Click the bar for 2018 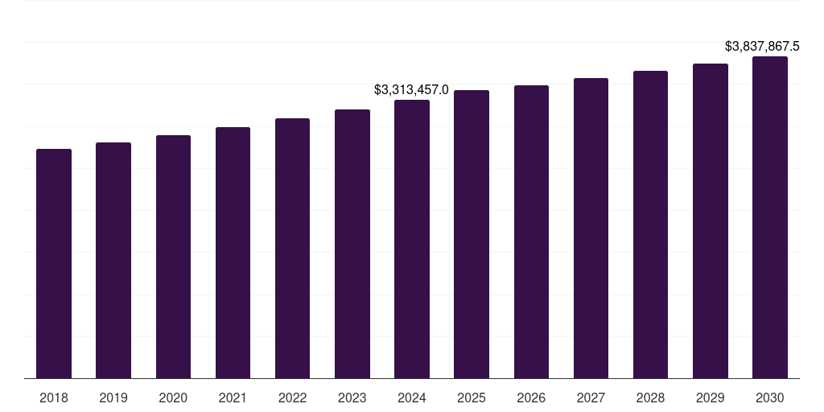[54, 264]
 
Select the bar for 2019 [113, 261]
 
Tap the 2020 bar [173, 257]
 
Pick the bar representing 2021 [233, 253]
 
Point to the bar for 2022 [292, 249]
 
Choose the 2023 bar [352, 245]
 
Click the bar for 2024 [412, 240]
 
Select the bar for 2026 [531, 233]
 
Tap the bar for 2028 [650, 225]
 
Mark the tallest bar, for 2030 [770, 218]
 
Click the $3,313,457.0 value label [411, 89]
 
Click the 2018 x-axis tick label [54, 398]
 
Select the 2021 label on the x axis [233, 398]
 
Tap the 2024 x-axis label [412, 398]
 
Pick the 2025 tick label [472, 398]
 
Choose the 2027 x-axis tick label [591, 398]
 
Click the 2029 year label [710, 398]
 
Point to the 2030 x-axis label [770, 398]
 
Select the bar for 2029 [711, 221]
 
